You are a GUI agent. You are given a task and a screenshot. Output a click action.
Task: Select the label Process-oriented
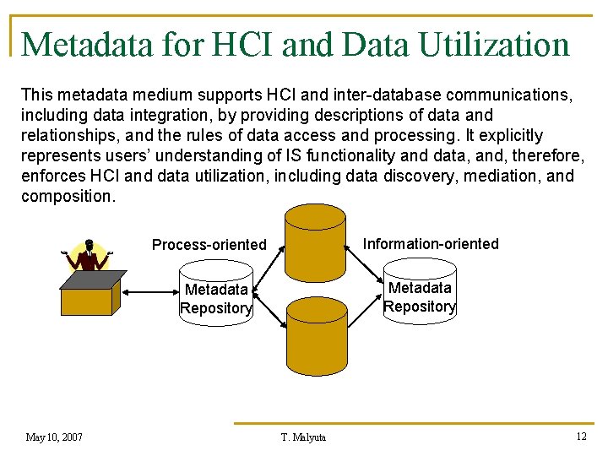(209, 245)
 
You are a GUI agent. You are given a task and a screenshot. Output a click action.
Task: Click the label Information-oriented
(431, 244)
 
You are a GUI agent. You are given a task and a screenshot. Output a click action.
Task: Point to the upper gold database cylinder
(315, 242)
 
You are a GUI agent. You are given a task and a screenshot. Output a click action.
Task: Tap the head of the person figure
(90, 246)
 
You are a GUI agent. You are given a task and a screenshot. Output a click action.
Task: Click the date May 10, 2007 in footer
(54, 437)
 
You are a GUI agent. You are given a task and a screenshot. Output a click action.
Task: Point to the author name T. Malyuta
(303, 437)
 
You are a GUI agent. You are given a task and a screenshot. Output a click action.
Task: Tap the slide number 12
(580, 436)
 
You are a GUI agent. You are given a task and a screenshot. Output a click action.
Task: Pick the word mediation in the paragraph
(497, 176)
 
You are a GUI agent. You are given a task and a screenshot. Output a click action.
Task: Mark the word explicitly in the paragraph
(507, 135)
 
